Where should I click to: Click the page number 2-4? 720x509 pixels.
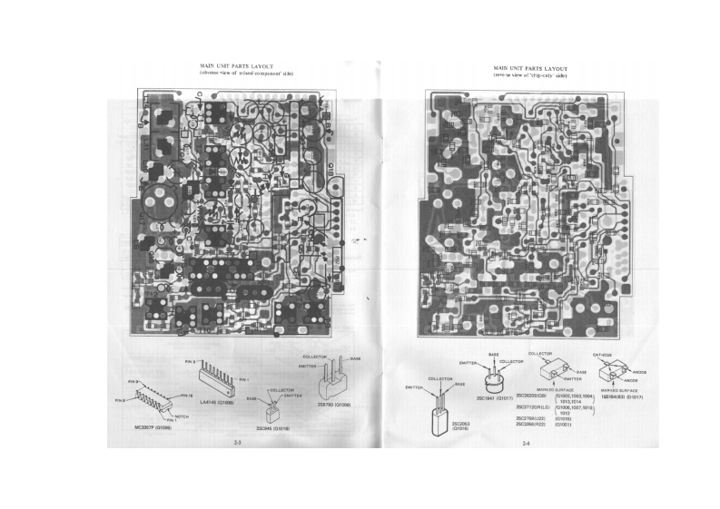coord(526,443)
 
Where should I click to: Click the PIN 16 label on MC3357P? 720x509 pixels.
coord(186,396)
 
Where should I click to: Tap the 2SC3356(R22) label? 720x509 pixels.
coord(534,425)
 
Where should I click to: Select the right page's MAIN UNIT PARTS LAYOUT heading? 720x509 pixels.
coord(531,68)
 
